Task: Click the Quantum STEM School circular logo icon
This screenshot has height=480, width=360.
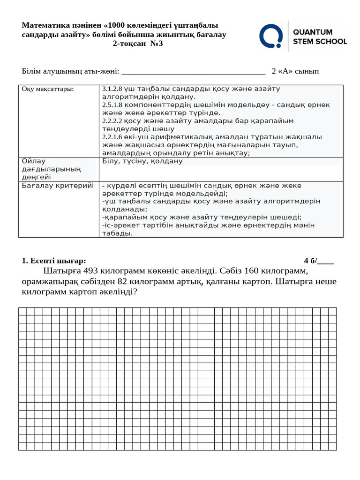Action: tap(271, 36)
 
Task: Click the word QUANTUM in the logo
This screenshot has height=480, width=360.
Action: tap(313, 32)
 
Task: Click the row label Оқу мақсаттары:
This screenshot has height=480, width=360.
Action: tap(48, 89)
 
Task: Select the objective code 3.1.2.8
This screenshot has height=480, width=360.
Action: tap(112, 89)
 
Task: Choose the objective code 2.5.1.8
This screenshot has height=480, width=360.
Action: tap(112, 105)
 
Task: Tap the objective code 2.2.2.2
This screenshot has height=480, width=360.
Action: tap(112, 121)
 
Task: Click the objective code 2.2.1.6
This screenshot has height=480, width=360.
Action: tap(112, 137)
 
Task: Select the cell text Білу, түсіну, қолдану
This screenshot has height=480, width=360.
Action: tap(142, 161)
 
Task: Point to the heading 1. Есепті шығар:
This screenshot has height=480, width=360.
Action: tap(54, 261)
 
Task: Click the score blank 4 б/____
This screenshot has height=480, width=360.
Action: tap(319, 261)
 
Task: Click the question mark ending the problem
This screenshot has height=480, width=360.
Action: tap(135, 292)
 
